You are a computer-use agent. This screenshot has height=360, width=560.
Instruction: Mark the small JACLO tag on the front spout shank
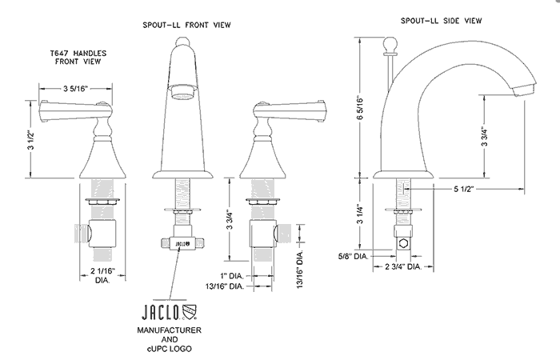pyautogui.click(x=183, y=238)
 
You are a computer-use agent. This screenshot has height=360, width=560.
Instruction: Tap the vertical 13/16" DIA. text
pyautogui.click(x=302, y=263)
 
